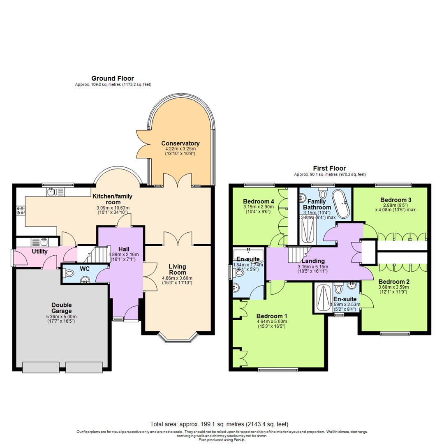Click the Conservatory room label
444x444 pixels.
(x=180, y=143)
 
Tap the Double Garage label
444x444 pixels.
(x=62, y=308)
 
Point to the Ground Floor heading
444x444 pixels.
(x=112, y=79)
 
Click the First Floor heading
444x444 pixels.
(x=329, y=168)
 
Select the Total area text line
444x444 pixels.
(x=222, y=424)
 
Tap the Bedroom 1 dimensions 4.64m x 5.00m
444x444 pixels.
(x=271, y=321)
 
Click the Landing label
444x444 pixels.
(x=314, y=261)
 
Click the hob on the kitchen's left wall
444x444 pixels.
(x=19, y=210)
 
